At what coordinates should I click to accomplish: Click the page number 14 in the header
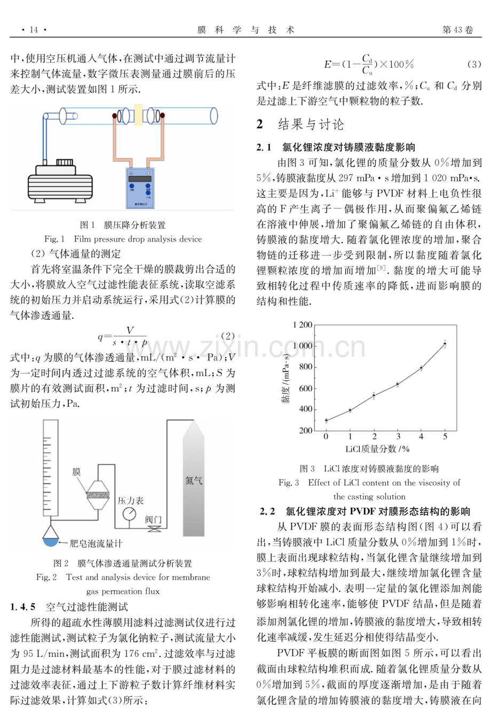point(34,30)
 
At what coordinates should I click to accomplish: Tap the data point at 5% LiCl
point(445,344)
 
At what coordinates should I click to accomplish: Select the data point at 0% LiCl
point(326,421)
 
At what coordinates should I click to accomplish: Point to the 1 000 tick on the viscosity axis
point(303,346)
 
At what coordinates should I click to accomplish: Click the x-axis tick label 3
point(398,436)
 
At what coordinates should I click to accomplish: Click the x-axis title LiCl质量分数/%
point(377,449)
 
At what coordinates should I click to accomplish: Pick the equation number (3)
point(474,65)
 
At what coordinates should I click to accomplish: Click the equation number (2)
point(228,336)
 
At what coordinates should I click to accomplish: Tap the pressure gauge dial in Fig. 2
point(130,514)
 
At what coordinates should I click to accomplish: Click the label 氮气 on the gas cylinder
point(194,480)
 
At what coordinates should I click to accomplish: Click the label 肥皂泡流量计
point(96,543)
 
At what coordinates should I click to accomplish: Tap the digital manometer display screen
point(140,179)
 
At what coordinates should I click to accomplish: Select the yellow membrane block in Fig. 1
point(138,115)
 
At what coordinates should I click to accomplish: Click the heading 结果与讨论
point(311,124)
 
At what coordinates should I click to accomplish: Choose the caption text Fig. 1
point(54,239)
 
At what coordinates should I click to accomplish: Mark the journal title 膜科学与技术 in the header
point(245,30)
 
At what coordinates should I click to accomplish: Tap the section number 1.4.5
point(22,607)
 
